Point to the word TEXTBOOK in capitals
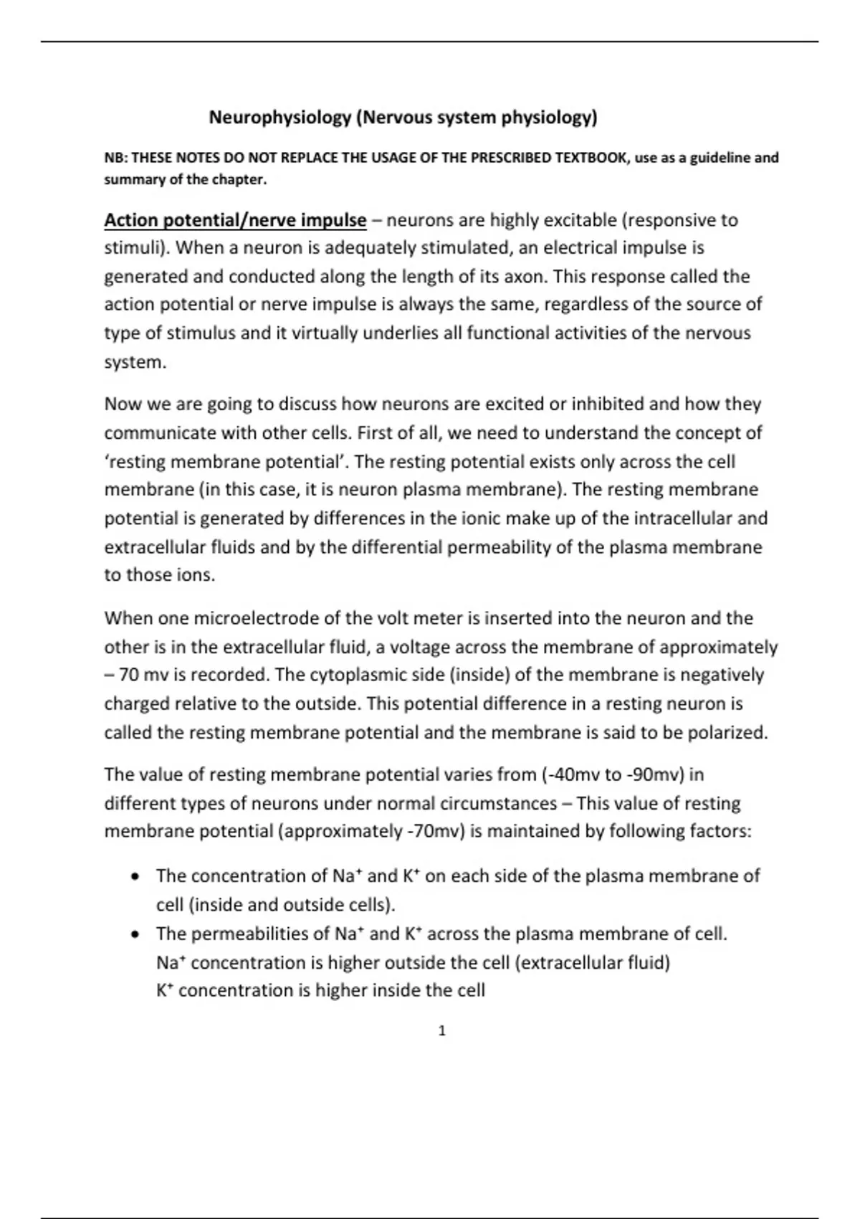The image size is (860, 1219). (x=591, y=158)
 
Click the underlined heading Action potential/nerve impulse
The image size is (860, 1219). (x=235, y=220)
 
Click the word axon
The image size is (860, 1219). (x=527, y=277)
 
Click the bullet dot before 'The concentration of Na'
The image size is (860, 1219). (x=135, y=877)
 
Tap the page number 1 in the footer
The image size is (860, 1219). (x=441, y=1031)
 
